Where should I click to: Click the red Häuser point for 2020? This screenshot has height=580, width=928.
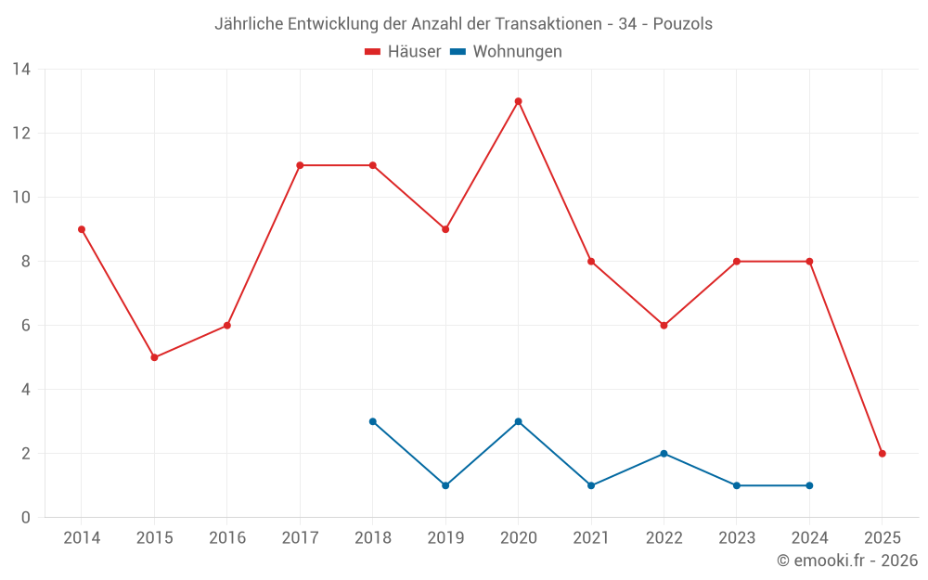pyautogui.click(x=518, y=101)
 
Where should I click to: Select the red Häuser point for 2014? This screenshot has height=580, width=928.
pyautogui.click(x=82, y=229)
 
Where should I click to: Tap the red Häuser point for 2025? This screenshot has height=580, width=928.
pyautogui.click(x=882, y=454)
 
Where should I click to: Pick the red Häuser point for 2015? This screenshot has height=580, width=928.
pyautogui.click(x=154, y=357)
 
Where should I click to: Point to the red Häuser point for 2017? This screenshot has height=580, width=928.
pyautogui.click(x=300, y=165)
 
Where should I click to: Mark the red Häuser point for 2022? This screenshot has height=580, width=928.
pyautogui.click(x=664, y=326)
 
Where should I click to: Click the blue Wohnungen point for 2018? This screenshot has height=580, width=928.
pyautogui.click(x=372, y=421)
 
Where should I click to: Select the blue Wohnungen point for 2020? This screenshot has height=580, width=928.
pyautogui.click(x=518, y=421)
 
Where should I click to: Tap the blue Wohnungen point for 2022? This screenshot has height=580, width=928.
pyautogui.click(x=664, y=454)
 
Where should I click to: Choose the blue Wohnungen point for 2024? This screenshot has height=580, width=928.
pyautogui.click(x=809, y=485)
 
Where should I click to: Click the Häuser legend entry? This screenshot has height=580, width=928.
pyautogui.click(x=403, y=52)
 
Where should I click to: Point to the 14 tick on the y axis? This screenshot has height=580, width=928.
pyautogui.click(x=21, y=70)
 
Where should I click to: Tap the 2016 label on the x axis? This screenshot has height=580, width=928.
pyautogui.click(x=227, y=538)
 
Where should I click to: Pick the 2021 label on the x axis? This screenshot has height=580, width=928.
pyautogui.click(x=591, y=538)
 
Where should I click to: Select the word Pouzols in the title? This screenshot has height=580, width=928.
pyautogui.click(x=682, y=24)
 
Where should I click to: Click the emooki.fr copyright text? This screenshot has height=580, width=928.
pyautogui.click(x=846, y=561)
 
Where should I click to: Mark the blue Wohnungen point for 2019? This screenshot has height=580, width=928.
pyautogui.click(x=445, y=485)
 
